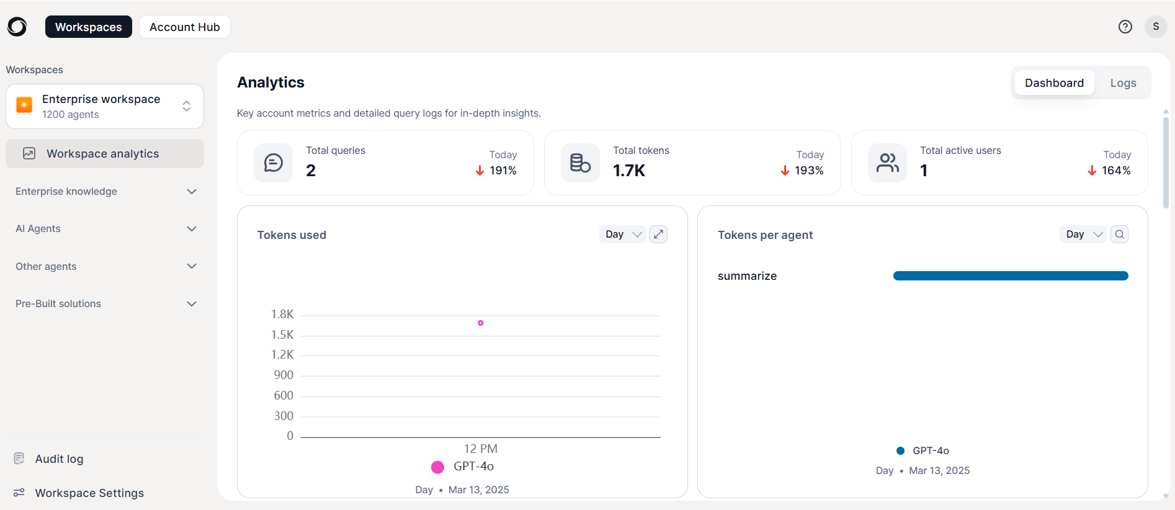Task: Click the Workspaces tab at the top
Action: (x=88, y=27)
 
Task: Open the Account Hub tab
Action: (x=185, y=27)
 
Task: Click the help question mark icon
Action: (x=1125, y=27)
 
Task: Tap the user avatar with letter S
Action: (x=1156, y=27)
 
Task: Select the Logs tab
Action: (x=1123, y=83)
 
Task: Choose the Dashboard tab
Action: (x=1054, y=83)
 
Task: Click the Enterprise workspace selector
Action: (x=105, y=107)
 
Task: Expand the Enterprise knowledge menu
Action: (x=105, y=191)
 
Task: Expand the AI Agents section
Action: (x=105, y=228)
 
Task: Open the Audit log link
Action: (x=59, y=459)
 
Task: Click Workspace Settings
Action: (x=89, y=493)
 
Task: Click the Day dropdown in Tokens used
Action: (x=623, y=234)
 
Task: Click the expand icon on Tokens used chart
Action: (x=658, y=234)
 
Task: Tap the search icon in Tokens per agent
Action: (x=1119, y=234)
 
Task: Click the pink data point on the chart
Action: (x=481, y=323)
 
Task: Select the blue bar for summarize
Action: (x=1011, y=275)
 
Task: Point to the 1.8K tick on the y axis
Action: (x=282, y=315)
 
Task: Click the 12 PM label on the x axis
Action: (x=481, y=449)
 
